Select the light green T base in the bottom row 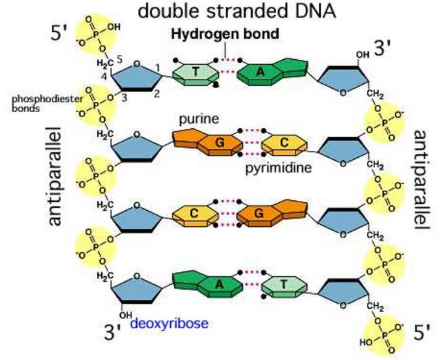pos(286,285)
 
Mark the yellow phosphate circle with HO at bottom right pos(384,333)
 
